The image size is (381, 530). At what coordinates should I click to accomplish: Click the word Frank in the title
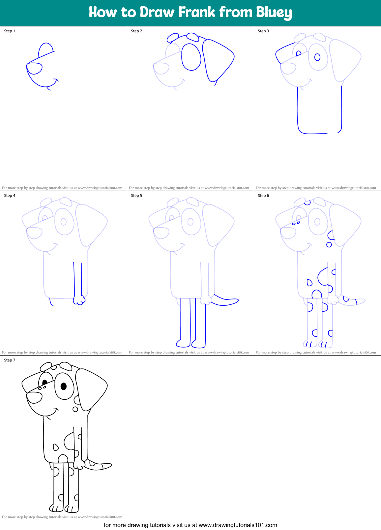(196, 12)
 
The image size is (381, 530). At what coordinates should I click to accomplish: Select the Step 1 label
(10, 31)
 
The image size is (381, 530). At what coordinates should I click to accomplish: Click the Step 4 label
(10, 196)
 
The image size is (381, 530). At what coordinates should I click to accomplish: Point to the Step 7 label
(10, 360)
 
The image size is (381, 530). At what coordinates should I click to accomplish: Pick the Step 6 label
(263, 196)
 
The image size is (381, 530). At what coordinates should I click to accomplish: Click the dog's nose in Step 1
(34, 69)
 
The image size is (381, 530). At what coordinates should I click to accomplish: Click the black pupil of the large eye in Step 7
(63, 386)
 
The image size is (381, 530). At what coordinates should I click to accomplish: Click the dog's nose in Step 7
(34, 397)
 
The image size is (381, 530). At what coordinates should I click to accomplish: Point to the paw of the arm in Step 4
(79, 300)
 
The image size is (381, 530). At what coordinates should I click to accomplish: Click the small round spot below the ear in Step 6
(329, 245)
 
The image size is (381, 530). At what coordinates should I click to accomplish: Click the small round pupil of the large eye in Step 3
(317, 57)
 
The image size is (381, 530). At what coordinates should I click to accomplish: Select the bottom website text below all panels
(190, 525)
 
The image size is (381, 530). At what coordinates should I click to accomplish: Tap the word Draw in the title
(157, 12)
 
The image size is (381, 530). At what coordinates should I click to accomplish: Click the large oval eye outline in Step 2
(191, 57)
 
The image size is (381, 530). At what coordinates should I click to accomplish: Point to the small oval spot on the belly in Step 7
(56, 447)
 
